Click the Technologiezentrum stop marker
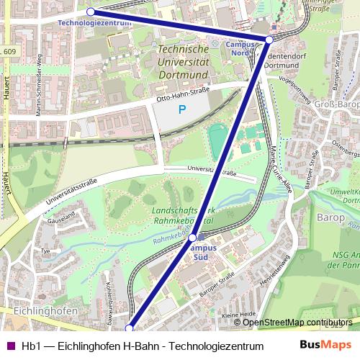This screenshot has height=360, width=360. [x=90, y=12]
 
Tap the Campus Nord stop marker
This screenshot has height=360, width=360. [x=269, y=39]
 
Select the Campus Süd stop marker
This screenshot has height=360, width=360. [x=193, y=237]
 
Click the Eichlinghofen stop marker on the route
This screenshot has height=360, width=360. [x=130, y=328]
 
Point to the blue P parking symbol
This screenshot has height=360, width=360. [x=181, y=110]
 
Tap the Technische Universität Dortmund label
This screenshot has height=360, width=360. [x=183, y=61]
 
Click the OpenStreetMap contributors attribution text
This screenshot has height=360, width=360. [x=297, y=323]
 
